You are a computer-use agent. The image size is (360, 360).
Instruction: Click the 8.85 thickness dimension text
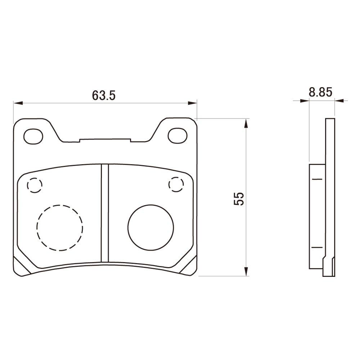pos(320,92)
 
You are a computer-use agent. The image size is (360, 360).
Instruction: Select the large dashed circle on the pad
pos(60,228)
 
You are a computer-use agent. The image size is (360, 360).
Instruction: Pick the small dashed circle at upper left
pos(35,185)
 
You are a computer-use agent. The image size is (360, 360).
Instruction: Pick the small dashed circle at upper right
pos(176,184)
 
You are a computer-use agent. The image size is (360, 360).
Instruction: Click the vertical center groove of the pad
pos(105,212)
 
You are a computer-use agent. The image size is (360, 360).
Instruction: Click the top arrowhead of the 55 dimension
pos(246,123)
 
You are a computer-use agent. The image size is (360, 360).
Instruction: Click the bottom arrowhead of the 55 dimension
pos(246,271)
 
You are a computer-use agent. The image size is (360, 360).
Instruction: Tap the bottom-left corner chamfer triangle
pos(18,266)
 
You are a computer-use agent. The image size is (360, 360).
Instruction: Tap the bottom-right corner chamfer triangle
pos(192,266)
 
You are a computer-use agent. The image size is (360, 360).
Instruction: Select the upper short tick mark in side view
pos(317,179)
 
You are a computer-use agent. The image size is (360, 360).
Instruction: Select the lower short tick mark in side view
pos(317,247)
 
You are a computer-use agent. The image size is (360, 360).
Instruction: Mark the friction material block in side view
pos(317,216)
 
